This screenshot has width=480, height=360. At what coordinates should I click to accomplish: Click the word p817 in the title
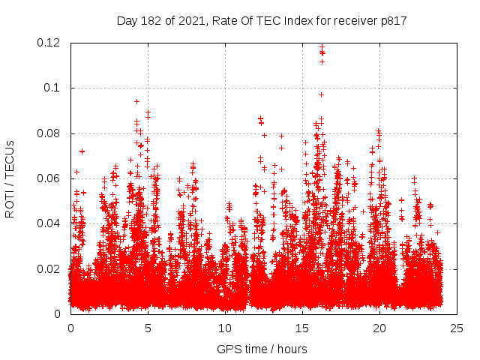point(392,21)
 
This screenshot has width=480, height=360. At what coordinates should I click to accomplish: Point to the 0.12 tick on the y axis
point(51,43)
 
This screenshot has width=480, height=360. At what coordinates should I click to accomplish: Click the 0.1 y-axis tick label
point(55,88)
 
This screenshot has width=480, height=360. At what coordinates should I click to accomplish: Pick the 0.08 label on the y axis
point(51,133)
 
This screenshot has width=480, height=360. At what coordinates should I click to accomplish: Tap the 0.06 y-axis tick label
point(51,178)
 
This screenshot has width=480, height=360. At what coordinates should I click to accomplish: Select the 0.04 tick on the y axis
point(51,223)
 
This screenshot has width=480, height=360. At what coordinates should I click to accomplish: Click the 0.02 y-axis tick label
point(51,268)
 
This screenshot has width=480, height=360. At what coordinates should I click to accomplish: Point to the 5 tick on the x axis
point(148,328)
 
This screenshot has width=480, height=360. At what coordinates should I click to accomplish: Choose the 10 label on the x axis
point(225,328)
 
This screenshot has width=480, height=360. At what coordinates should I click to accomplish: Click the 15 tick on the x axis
point(302,328)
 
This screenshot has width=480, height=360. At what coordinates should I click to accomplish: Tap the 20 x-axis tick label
point(379,328)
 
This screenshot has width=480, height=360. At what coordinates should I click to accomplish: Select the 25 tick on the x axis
point(457,328)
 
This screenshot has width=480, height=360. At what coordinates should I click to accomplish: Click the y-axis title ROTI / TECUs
point(10,178)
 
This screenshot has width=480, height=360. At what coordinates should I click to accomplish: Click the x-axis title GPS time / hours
point(262,349)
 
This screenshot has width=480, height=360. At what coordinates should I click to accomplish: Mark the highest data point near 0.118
point(322,47)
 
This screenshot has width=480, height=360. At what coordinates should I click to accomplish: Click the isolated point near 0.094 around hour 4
point(136,101)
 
